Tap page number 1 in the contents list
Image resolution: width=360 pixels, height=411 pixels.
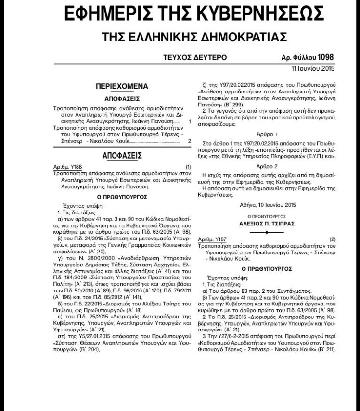[190, 123]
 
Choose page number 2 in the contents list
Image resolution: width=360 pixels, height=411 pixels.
[190, 141]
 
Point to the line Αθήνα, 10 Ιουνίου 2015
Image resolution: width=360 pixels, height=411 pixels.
[267, 205]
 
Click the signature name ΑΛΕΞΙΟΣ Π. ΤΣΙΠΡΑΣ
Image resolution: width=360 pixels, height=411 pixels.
[267, 224]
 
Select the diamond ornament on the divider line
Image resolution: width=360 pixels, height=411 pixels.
[267, 232]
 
